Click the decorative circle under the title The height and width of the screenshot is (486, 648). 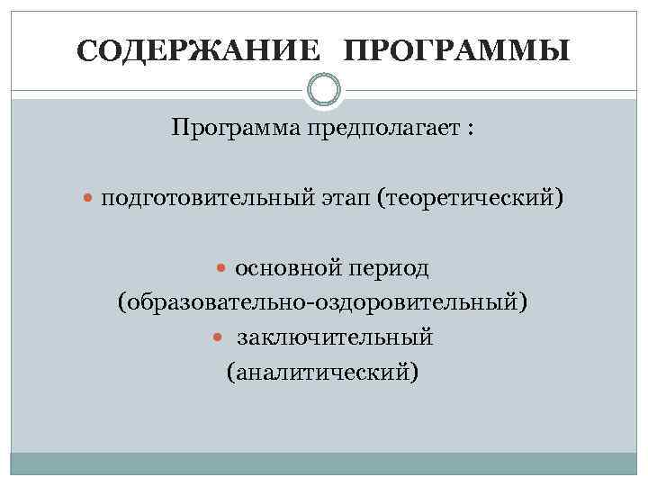(x=323, y=90)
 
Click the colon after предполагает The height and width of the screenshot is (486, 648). (x=470, y=130)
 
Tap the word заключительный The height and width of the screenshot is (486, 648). (x=336, y=337)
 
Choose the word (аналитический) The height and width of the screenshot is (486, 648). (x=323, y=371)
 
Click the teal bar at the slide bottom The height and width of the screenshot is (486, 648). (x=323, y=463)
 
